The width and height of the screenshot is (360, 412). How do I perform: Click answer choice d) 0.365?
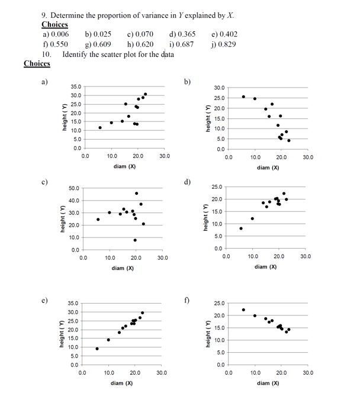coord(182,35)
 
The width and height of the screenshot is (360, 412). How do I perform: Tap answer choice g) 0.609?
coord(98,44)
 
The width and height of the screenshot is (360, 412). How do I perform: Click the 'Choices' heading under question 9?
coord(54,25)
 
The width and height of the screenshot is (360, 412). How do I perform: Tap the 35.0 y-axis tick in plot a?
coord(75,87)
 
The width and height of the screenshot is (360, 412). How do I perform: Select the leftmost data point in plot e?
coord(97,349)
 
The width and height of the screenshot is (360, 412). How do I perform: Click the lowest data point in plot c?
coord(136,240)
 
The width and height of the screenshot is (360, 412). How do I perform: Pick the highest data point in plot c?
coord(136,193)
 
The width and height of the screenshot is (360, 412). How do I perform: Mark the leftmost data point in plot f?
coord(243,310)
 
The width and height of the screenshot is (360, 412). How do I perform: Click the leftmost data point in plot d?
coord(241,228)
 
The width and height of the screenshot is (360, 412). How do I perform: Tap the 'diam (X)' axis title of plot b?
coord(268,168)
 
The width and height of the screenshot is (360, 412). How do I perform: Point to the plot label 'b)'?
coord(187,81)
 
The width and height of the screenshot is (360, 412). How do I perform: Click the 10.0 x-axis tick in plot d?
coord(252,257)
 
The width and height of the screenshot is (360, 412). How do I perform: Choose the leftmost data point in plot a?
coord(100,127)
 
